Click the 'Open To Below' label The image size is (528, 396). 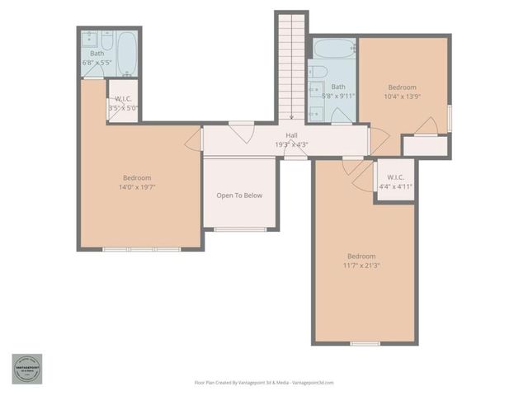point(239,196)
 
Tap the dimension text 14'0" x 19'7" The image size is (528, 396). point(137,186)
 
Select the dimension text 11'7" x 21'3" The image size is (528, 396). point(361,265)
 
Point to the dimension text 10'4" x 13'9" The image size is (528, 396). point(402,96)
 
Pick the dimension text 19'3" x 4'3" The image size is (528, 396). point(291,145)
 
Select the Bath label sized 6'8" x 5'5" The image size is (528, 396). point(97,54)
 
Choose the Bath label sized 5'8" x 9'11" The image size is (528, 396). point(338,87)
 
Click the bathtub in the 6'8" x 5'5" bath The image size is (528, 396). point(127,53)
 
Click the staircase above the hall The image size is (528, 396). point(290,66)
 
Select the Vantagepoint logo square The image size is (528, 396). point(26,370)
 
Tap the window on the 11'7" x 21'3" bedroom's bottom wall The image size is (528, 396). point(364,343)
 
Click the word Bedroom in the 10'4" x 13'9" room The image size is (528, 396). point(402,87)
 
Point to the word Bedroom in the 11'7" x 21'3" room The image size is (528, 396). point(361,256)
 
